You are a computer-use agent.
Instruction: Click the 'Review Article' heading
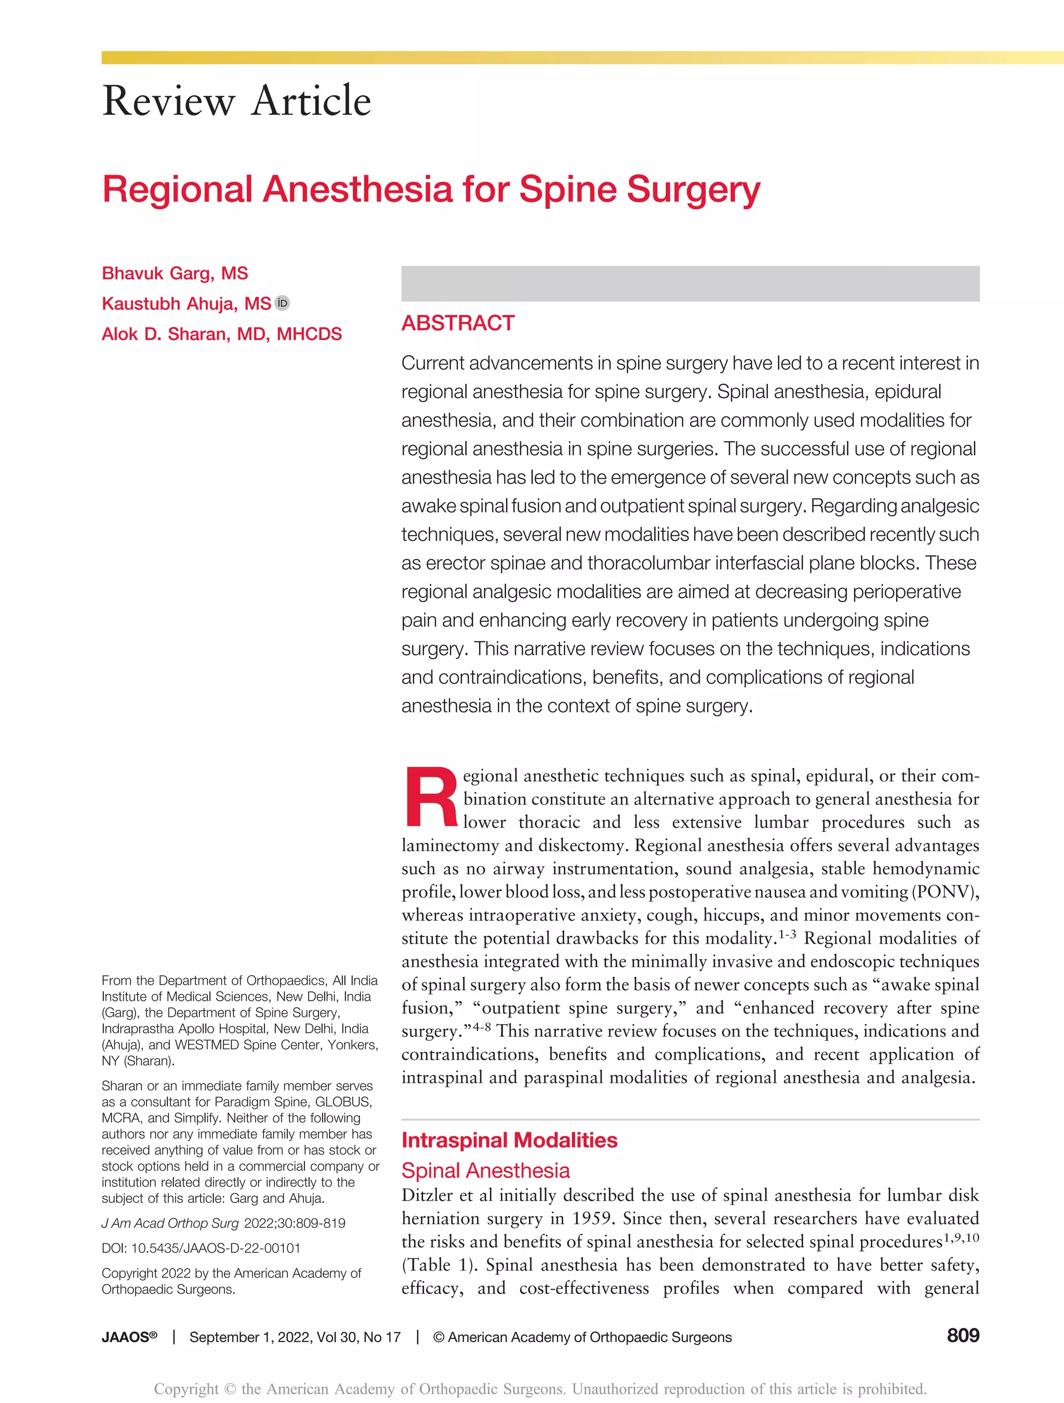[x=236, y=101]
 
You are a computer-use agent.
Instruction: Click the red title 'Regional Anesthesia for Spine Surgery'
[x=431, y=189]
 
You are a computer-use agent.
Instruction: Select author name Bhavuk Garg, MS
[x=175, y=273]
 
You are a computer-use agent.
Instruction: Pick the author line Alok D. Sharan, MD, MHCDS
[x=221, y=334]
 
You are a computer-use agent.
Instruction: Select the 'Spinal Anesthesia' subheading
[x=485, y=1170]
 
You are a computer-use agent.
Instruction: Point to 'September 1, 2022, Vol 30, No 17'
[x=295, y=1337]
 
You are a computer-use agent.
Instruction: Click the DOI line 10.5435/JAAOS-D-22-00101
[x=201, y=1248]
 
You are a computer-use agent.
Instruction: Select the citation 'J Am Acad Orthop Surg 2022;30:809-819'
[x=223, y=1223]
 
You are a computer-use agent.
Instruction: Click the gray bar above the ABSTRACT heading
[x=690, y=284]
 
